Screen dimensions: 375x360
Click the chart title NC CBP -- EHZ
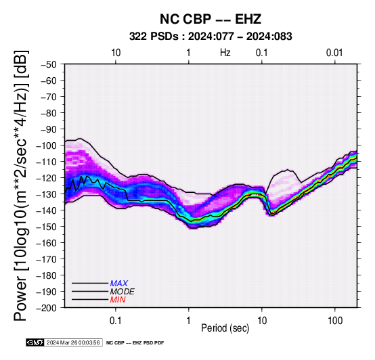(x=211, y=19)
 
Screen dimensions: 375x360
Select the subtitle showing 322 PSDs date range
(x=211, y=37)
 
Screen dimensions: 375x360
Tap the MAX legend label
(x=119, y=284)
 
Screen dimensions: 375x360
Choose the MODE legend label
(x=123, y=292)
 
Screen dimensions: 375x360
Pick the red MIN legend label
(x=118, y=300)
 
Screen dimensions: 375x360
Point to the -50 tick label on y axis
(x=49, y=64)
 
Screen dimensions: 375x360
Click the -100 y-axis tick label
(x=47, y=145)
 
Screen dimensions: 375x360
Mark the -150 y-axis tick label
(x=47, y=227)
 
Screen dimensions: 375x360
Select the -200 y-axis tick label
(x=47, y=308)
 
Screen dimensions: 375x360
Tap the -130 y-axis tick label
(x=47, y=194)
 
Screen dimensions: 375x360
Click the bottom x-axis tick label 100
(x=335, y=320)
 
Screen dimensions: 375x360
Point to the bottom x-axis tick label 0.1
(x=116, y=320)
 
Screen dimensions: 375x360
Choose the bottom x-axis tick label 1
(x=189, y=320)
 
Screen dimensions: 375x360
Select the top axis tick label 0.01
(x=334, y=53)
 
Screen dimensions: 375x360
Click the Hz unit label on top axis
(x=225, y=53)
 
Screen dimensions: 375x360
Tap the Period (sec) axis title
(x=225, y=328)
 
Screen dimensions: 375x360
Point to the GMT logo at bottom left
(x=35, y=342)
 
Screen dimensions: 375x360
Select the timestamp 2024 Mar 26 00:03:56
(x=73, y=342)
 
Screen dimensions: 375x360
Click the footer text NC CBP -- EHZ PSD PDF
(x=135, y=343)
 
